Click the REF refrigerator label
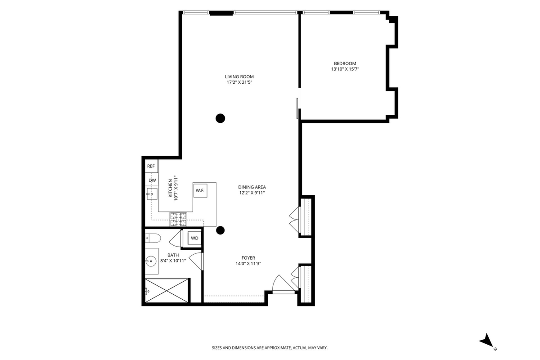coord(151,166)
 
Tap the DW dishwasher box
coord(152,180)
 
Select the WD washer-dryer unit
coord(194,238)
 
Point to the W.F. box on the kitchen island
coord(200,190)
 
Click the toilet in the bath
coord(153,238)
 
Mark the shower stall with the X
coord(166,290)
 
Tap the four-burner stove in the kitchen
coord(178,219)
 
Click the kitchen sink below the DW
coord(152,193)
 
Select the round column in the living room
coord(220,118)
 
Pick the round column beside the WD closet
coord(220,230)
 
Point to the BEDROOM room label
coord(345,63)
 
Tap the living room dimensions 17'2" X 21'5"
coord(239,82)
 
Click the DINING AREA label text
coord(252,187)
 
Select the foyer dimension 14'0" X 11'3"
coord(248,264)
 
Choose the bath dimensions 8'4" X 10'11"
coord(173,261)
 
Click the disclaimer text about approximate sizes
coord(270,348)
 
